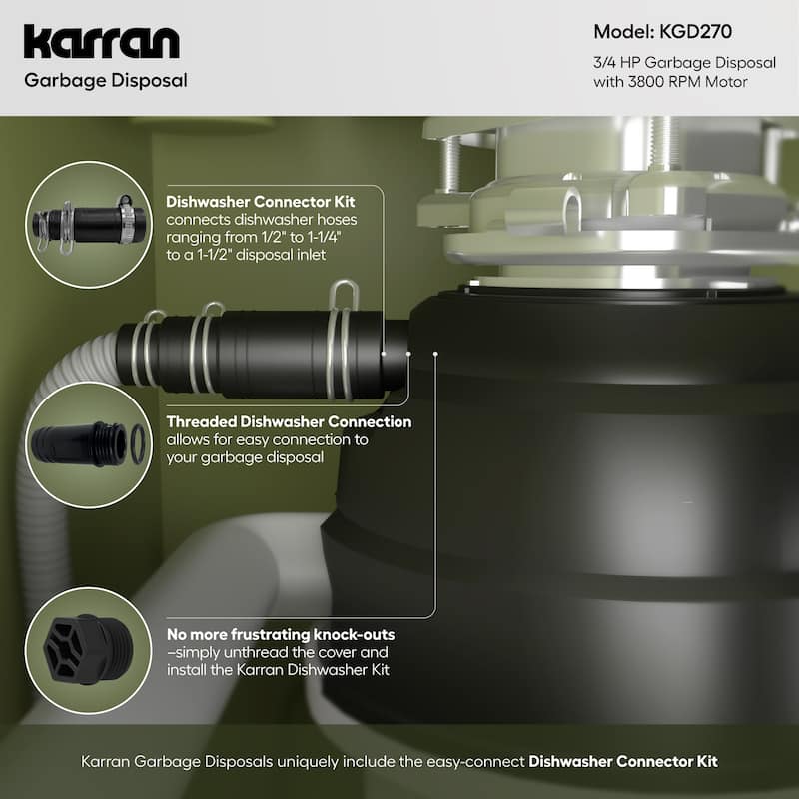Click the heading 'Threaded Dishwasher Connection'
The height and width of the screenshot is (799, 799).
click(289, 421)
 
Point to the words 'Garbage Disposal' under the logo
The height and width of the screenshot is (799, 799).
click(107, 79)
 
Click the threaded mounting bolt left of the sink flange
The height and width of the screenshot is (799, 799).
click(448, 159)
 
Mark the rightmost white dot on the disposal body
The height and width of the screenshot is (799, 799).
click(435, 353)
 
